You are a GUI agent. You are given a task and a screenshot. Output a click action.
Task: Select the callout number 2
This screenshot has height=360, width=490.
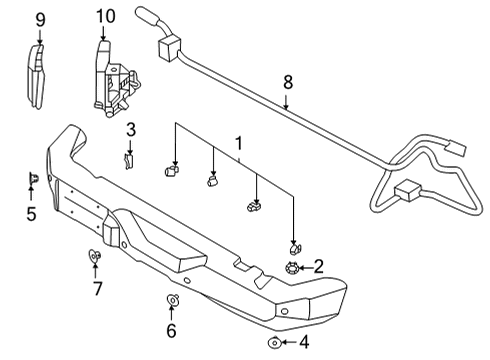318,266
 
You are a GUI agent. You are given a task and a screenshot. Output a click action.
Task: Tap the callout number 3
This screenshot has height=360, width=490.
130,129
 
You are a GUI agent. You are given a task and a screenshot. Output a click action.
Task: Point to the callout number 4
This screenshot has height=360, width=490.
305,343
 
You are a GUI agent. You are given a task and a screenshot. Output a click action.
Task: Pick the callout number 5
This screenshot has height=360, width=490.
31,213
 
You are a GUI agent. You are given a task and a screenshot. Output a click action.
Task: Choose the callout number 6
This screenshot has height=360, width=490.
171,331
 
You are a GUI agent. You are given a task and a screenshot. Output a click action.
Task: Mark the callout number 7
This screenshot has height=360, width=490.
97,290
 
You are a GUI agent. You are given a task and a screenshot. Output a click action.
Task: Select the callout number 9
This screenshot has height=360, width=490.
40,19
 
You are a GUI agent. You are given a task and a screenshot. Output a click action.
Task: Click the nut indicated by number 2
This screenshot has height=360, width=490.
292,266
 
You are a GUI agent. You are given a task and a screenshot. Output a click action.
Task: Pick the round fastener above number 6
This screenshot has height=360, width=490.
171,300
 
